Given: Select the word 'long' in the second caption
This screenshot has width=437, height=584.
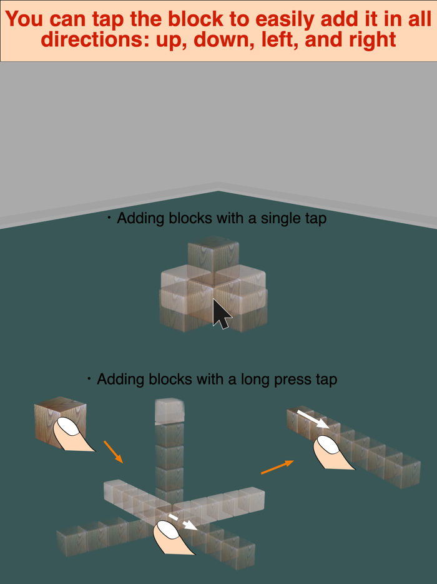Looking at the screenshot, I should tap(245, 379).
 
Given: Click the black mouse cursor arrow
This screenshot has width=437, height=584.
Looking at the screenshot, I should tap(220, 314).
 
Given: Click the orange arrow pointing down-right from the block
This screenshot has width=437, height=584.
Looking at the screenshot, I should tap(113, 451).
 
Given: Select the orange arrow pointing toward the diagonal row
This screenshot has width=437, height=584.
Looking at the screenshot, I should tap(277, 467).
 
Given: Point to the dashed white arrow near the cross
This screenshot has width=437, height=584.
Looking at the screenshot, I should tap(182, 521).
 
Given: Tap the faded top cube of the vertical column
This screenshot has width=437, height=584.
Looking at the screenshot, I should tap(169, 410).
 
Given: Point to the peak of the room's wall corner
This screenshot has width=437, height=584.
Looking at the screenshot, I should tap(219, 191).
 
